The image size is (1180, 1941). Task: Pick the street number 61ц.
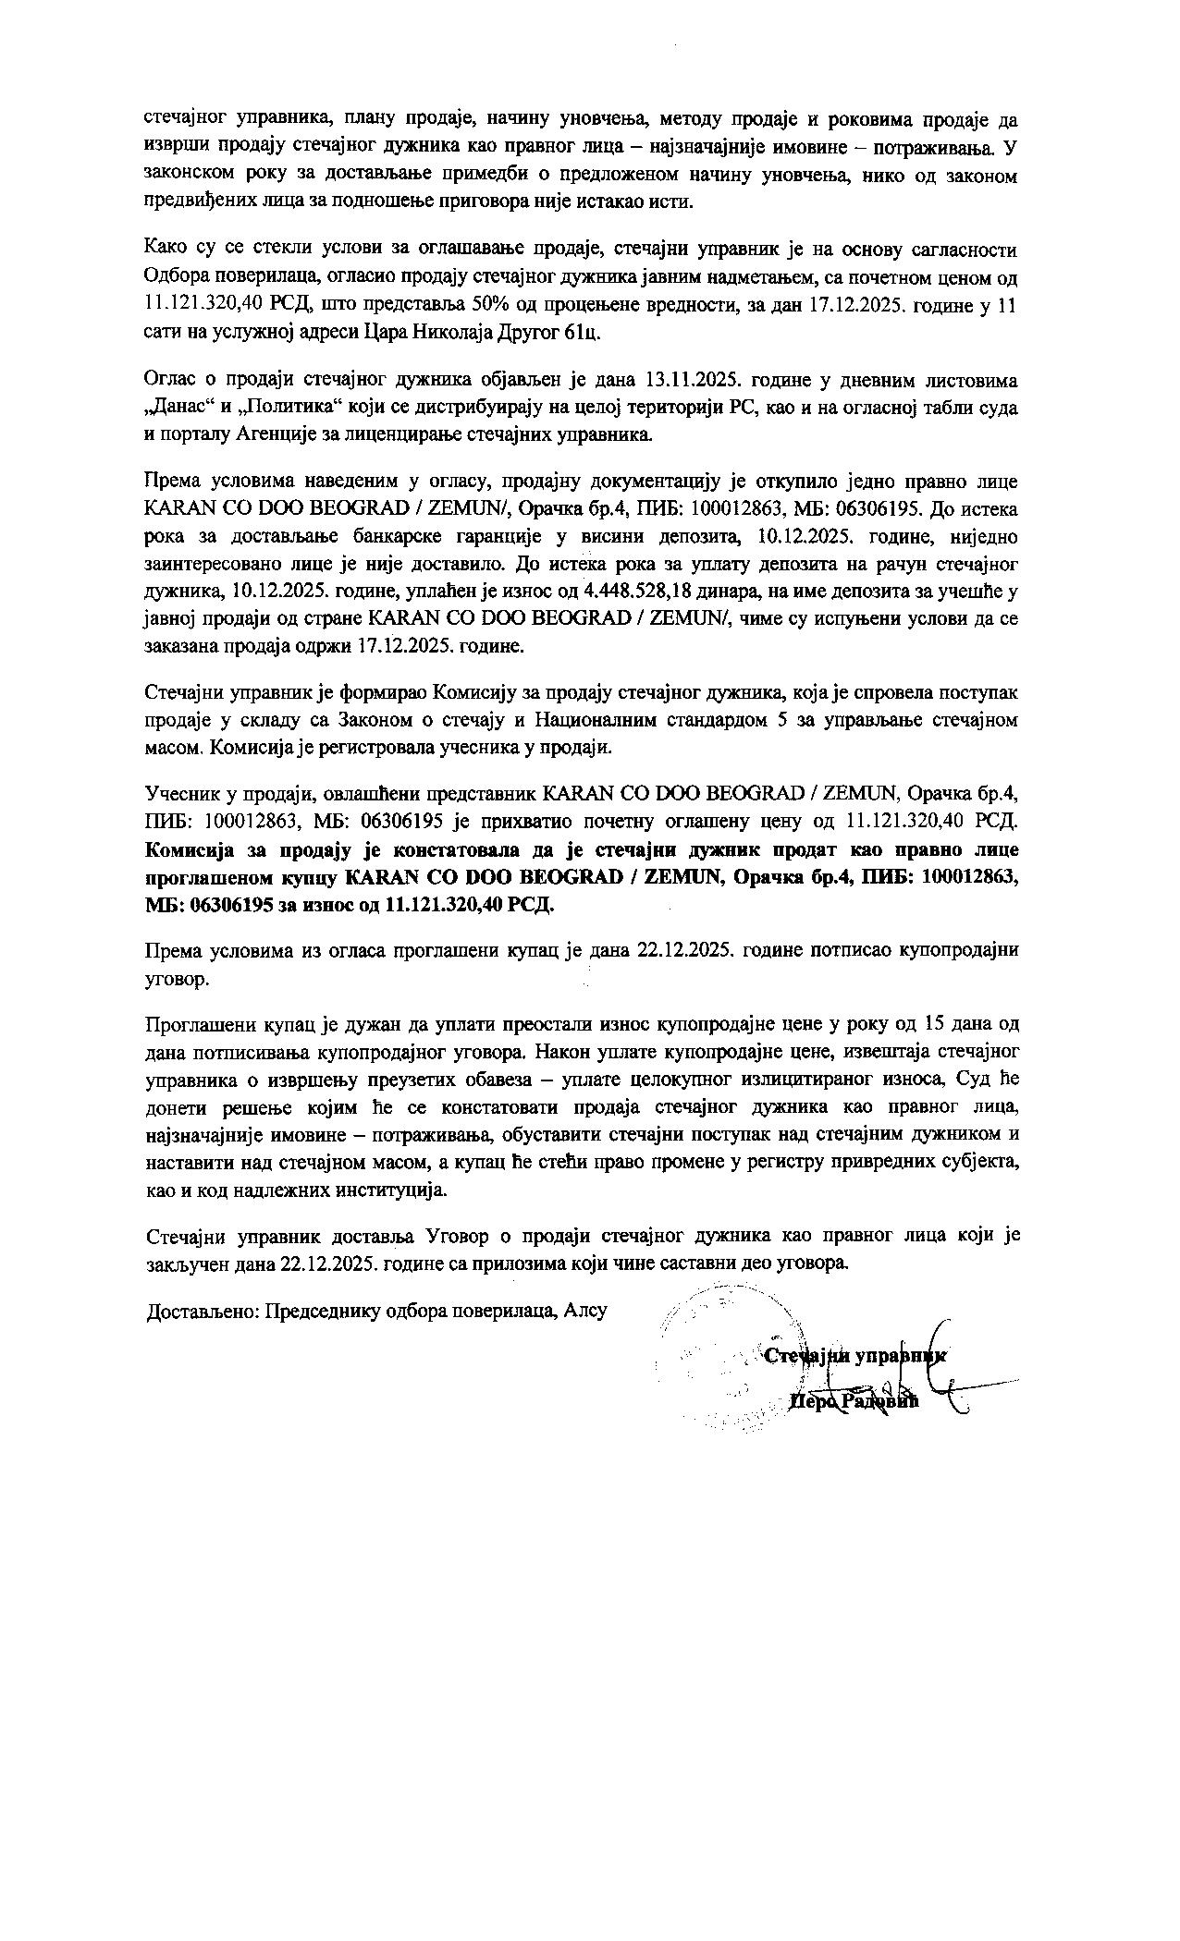[581, 333]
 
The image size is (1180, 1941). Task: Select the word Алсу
[586, 1312]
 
